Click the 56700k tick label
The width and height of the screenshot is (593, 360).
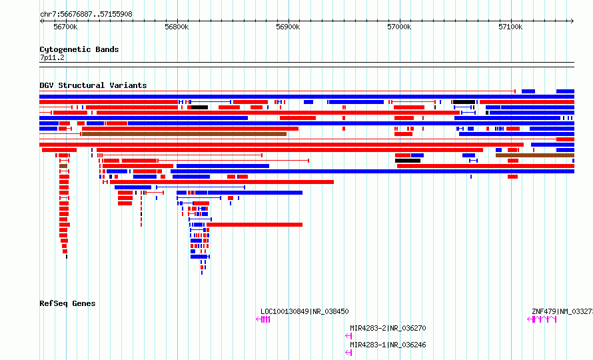click(65, 27)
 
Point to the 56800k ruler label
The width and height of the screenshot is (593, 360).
click(177, 27)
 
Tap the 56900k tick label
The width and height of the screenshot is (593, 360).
click(288, 27)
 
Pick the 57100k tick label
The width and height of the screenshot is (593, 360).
click(510, 27)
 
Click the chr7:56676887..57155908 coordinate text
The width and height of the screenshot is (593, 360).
click(86, 14)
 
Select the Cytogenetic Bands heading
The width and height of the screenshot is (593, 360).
click(79, 49)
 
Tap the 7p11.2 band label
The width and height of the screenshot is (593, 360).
click(53, 57)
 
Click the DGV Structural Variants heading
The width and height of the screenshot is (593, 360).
click(93, 85)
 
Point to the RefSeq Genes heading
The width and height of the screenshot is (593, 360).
click(67, 303)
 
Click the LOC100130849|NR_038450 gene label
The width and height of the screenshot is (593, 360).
click(304, 311)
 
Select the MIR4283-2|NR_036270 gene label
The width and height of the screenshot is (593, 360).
click(388, 328)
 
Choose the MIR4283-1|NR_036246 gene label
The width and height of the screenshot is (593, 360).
click(388, 345)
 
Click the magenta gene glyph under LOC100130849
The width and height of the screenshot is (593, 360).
click(263, 319)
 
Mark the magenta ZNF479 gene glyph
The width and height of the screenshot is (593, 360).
click(542, 319)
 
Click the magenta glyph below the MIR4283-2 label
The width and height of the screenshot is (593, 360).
click(348, 336)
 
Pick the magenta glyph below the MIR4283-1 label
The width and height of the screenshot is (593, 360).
click(348, 353)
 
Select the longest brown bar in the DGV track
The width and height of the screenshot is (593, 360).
click(184, 134)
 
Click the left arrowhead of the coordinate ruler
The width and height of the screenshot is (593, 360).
click(41, 21)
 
